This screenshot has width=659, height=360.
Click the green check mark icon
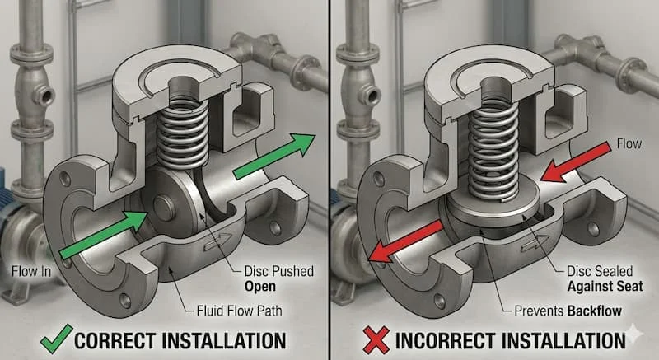click(x=56, y=339)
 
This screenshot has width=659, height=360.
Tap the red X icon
click(x=376, y=340)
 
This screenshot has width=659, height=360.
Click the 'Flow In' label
click(x=31, y=271)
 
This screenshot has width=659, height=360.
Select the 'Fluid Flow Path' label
click(x=239, y=311)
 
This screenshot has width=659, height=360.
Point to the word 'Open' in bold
click(x=260, y=287)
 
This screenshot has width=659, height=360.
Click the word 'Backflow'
click(x=594, y=311)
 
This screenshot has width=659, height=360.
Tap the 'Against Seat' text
click(x=605, y=287)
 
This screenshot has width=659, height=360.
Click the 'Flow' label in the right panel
click(x=629, y=144)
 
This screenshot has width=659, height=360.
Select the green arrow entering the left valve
click(x=104, y=235)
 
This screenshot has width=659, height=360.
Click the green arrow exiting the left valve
click(x=274, y=157)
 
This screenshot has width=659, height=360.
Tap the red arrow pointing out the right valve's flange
click(x=405, y=242)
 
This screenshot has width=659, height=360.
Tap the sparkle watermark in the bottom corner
click(x=635, y=334)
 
